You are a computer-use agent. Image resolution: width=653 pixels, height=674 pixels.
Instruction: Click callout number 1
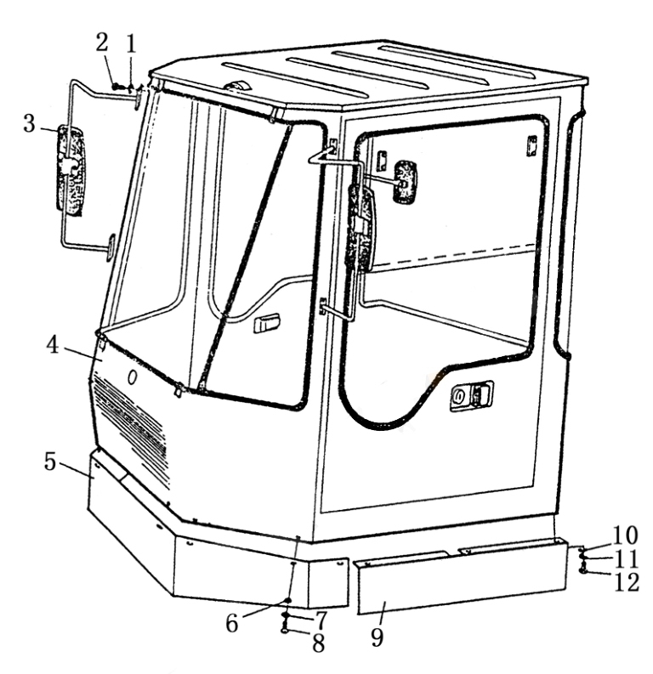[x=131, y=44]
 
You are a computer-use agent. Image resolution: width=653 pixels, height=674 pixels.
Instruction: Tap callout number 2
[x=102, y=42]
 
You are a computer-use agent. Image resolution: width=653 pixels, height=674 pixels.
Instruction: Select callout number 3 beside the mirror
[x=29, y=123]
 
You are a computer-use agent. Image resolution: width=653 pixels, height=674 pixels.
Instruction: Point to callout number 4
[x=53, y=345]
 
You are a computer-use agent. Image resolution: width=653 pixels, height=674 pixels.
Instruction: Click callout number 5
[x=50, y=462]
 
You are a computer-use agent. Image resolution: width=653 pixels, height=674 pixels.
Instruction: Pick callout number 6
[x=232, y=623]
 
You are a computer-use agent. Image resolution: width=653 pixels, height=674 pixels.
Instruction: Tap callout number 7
[x=321, y=620]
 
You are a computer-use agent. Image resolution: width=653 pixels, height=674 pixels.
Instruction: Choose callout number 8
[x=319, y=643]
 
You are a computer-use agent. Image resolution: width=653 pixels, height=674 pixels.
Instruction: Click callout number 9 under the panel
[x=377, y=637]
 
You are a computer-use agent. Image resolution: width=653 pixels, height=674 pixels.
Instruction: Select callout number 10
[x=625, y=535]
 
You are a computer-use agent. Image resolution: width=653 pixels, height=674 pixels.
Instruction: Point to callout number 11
[x=627, y=559]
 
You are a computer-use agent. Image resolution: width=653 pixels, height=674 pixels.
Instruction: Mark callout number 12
[x=627, y=582]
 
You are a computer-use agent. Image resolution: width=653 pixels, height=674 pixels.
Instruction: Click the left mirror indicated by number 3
[x=71, y=170]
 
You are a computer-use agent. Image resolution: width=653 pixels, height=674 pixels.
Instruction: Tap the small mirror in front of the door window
[x=405, y=182]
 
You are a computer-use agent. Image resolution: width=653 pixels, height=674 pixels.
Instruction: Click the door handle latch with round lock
[x=472, y=395]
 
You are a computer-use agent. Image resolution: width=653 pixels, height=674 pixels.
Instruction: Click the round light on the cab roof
[x=236, y=86]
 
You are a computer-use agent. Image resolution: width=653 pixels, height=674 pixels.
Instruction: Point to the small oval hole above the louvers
[x=133, y=378]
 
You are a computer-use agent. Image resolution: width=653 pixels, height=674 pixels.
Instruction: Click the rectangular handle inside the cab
[x=266, y=324]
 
